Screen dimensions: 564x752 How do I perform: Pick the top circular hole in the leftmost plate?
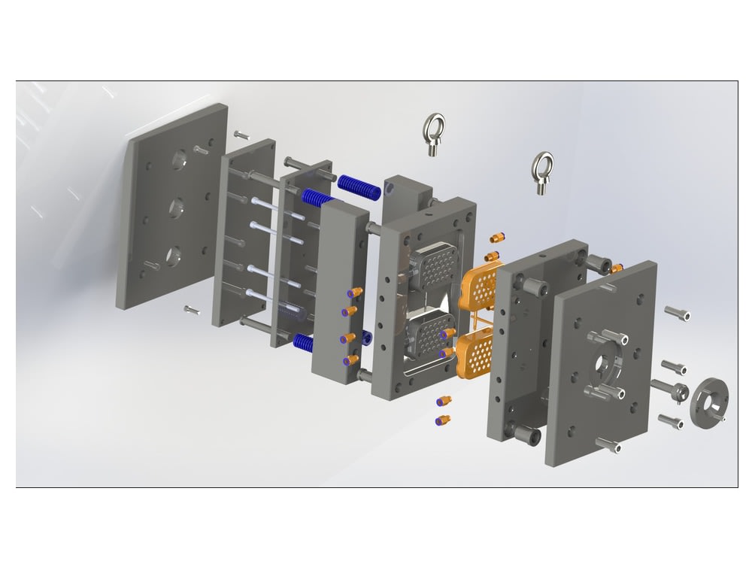[180, 159]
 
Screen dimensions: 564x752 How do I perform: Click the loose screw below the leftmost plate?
[192, 309]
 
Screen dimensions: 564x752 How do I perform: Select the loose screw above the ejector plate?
[241, 135]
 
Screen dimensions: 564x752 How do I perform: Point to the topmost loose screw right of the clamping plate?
[677, 313]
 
